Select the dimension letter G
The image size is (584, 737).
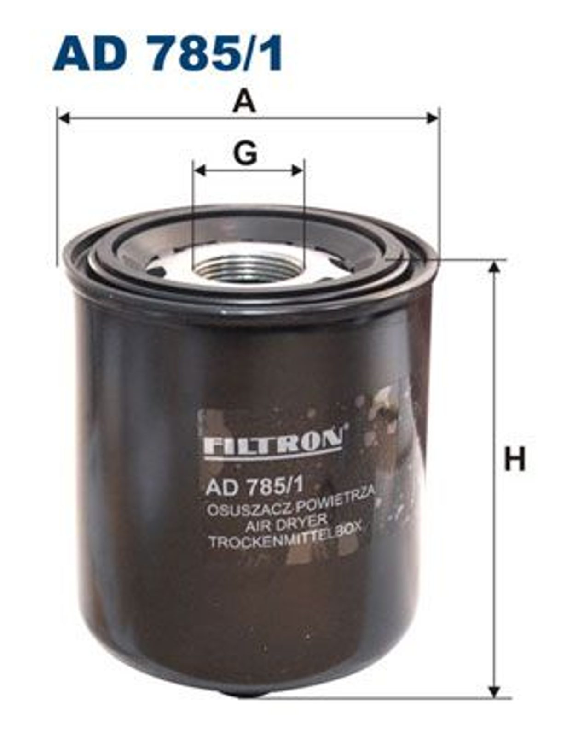tap(246, 154)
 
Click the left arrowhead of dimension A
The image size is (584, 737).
tap(64, 118)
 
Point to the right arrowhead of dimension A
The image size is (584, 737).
tap(432, 118)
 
